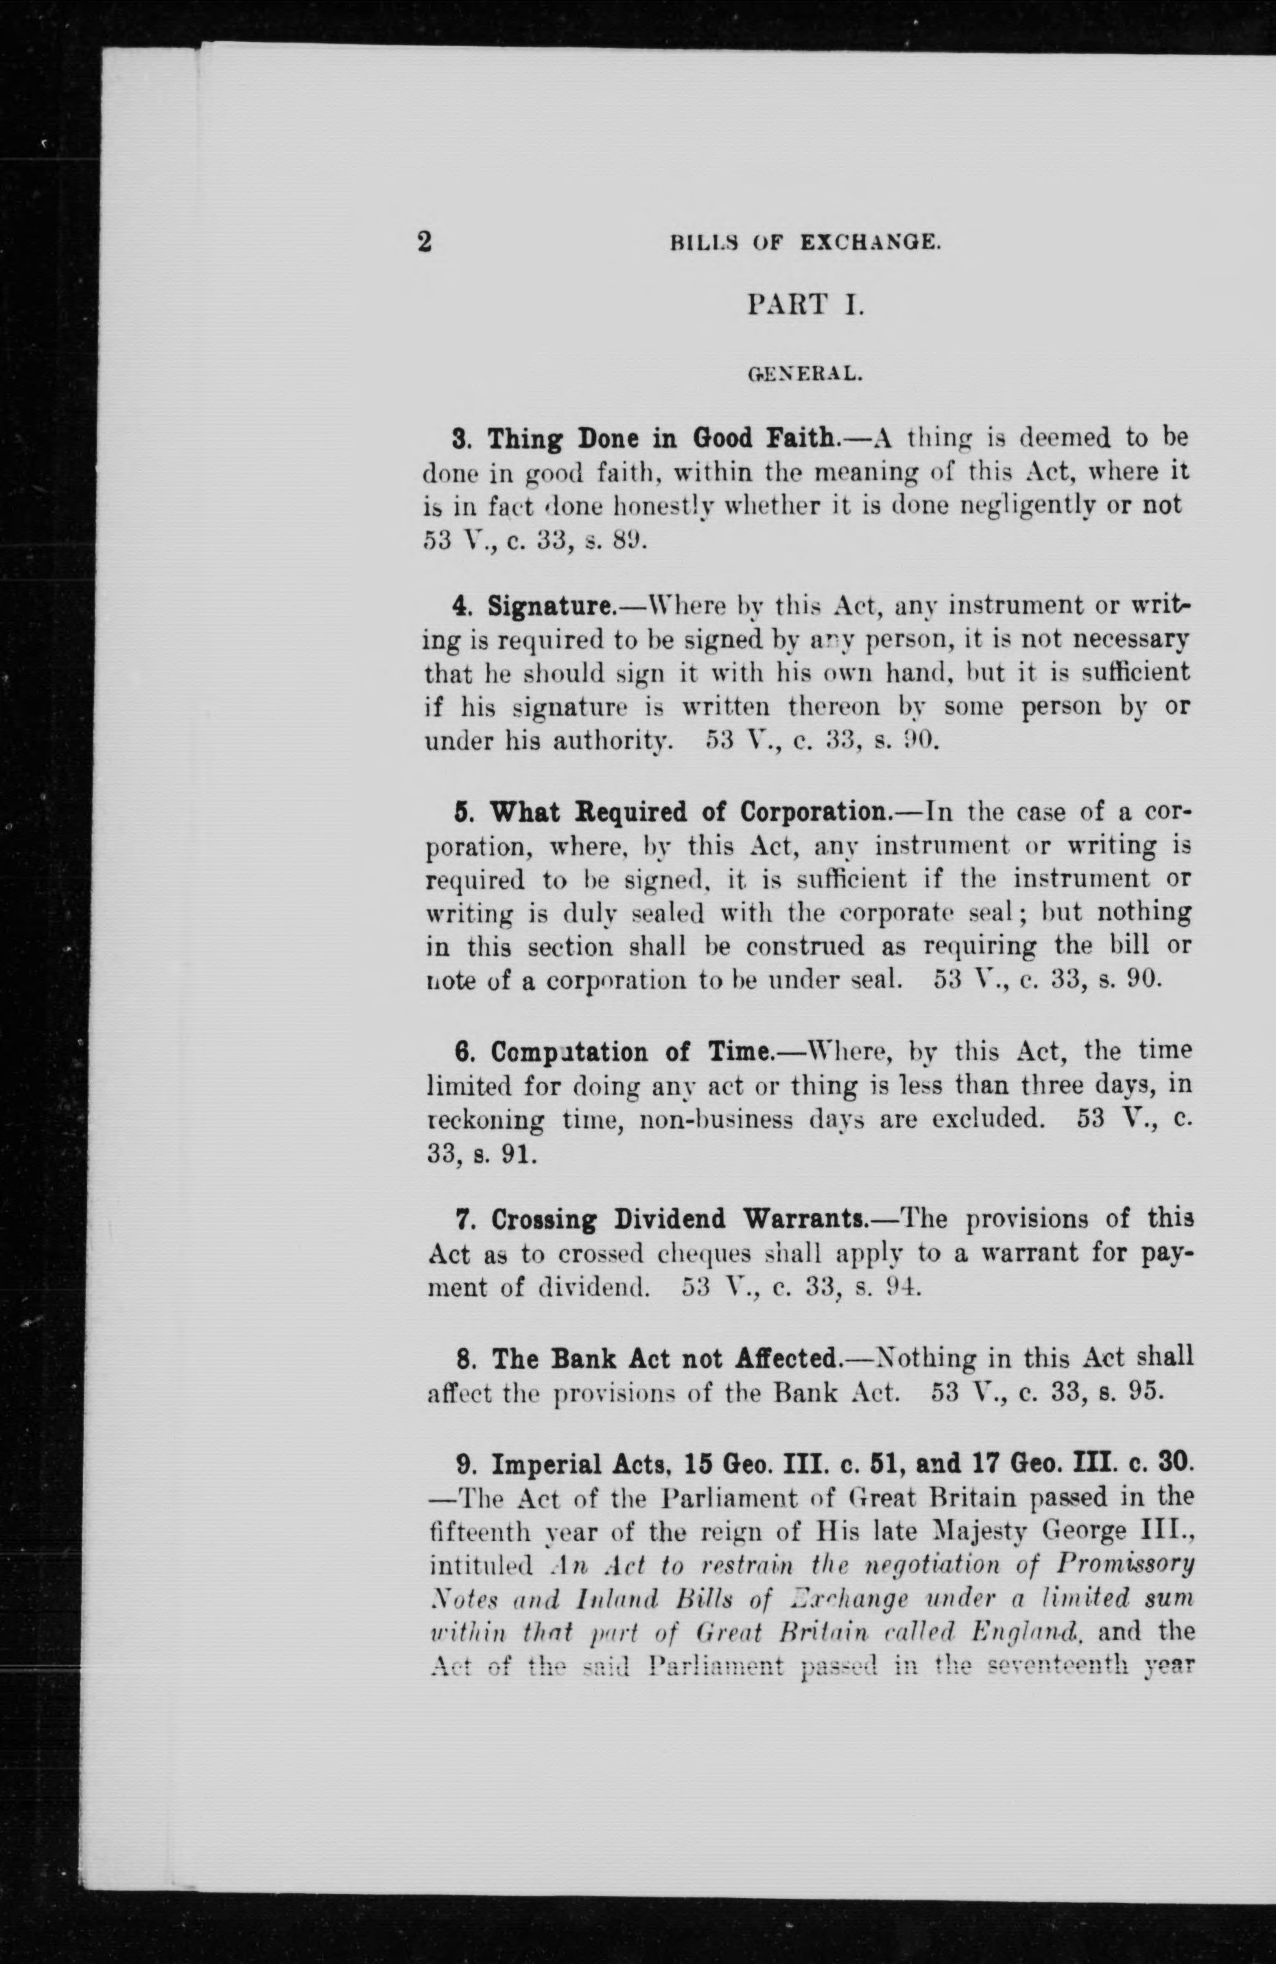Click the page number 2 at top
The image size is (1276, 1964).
424,242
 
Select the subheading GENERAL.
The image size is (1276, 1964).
805,375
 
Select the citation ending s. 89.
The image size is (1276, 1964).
535,540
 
